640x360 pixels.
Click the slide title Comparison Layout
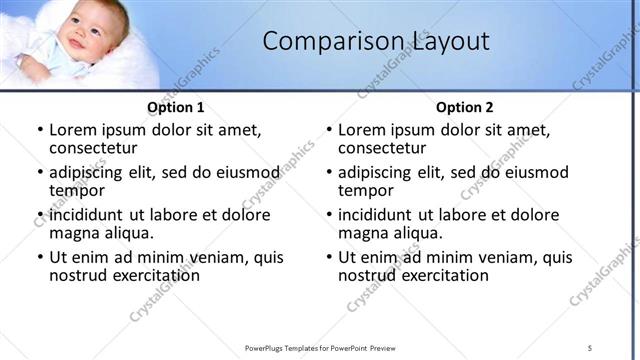tap(376, 41)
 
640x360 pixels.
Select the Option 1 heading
tap(176, 107)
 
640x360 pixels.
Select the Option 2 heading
tap(465, 107)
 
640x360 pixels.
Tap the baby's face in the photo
tap(86, 30)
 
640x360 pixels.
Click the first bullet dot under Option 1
tap(39, 131)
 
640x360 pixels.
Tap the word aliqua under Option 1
tap(129, 233)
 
